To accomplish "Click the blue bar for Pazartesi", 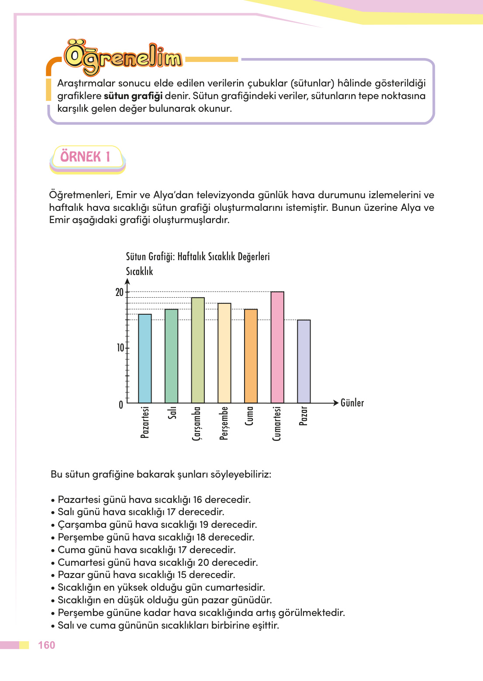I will (145, 358).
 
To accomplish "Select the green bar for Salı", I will (171, 356).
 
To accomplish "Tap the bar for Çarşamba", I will (198, 350).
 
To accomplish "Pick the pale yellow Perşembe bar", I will (224, 353).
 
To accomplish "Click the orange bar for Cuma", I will (251, 356).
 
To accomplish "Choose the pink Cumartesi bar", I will (277, 347).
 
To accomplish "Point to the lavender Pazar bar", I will (304, 361).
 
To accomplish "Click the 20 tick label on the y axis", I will (119, 292).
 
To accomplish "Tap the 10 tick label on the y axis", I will (120, 348).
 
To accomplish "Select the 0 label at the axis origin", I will (121, 405).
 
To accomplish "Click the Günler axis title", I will (352, 403).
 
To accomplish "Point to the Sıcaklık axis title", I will (139, 272).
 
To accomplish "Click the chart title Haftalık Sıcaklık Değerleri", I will (197, 257).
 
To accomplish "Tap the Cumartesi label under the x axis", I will (277, 423).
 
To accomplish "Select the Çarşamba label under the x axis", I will (197, 423).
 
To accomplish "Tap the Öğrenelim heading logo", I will (123, 58).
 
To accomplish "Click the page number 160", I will (46, 645).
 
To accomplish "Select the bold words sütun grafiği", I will (133, 96).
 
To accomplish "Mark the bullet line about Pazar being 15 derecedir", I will (147, 574).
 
